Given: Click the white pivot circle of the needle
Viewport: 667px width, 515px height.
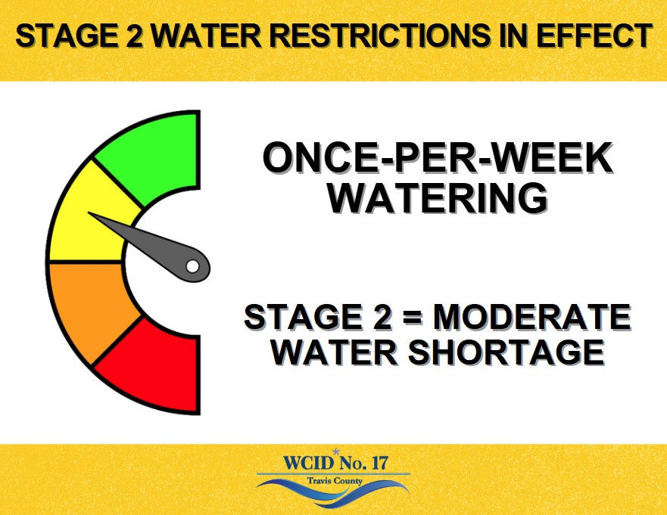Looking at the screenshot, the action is pos(192,266).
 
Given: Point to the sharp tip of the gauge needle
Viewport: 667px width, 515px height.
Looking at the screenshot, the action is pos(89,213).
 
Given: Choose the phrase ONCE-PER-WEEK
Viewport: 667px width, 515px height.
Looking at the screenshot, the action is pos(438,157).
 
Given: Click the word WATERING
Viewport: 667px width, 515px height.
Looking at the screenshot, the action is pos(437,198).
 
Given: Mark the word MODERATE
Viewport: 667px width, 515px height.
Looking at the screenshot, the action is pos(531,317).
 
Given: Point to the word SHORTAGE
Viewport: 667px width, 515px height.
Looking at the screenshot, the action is pos(506,352).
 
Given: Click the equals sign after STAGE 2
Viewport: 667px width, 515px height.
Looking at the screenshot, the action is pos(412,318).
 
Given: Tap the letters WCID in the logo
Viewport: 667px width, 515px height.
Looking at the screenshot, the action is pos(309,463).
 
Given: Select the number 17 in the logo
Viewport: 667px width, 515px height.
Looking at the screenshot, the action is pos(379,463).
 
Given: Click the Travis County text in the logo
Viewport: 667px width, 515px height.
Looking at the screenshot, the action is pos(335,481).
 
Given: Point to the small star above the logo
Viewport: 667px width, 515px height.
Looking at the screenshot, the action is pos(336,451).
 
